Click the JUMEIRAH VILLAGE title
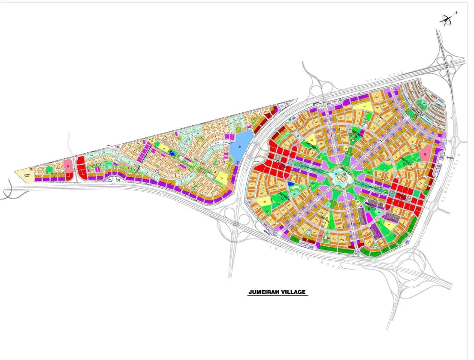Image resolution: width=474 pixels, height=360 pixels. click(277, 292)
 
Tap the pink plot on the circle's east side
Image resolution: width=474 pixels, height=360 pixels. click(425, 154)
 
